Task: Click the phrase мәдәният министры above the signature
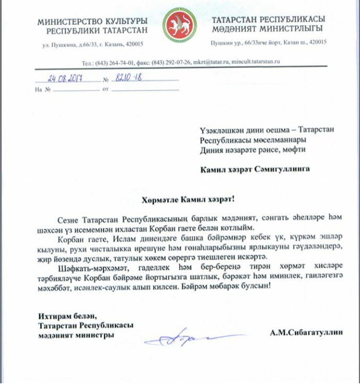[x=75, y=335]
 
